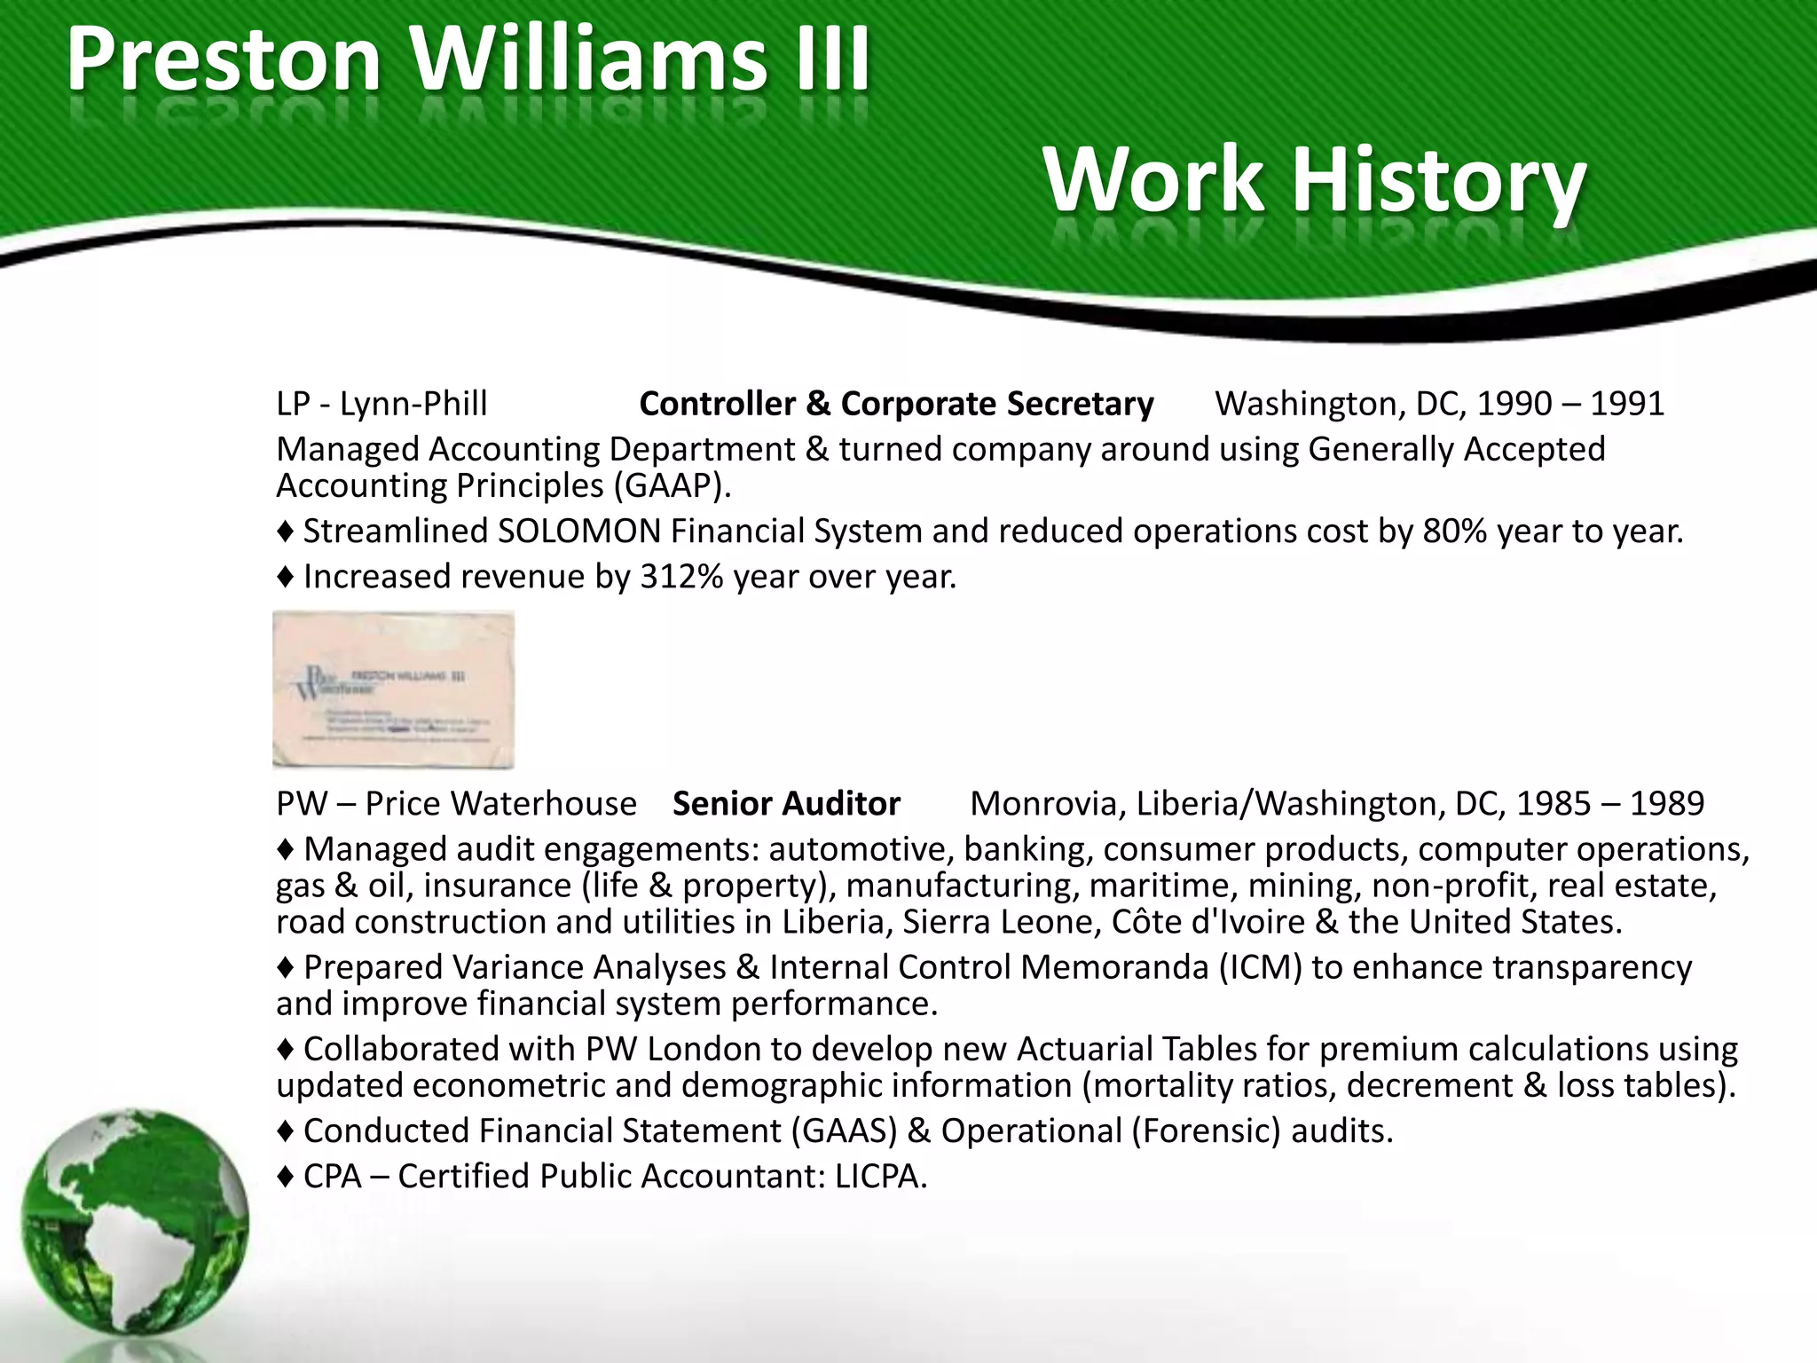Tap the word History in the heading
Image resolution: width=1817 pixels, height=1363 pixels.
[x=1438, y=181]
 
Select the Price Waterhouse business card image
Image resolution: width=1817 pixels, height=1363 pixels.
[x=393, y=689]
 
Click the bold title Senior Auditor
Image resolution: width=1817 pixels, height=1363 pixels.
[x=786, y=804]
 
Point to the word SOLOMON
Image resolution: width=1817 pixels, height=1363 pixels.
[x=578, y=532]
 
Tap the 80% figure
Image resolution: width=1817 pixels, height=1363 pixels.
[x=1454, y=532]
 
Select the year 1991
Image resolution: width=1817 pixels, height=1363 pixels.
[x=1626, y=404]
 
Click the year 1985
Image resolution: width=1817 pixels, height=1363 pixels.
[x=1553, y=804]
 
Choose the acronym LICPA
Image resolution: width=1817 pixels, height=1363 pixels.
[x=880, y=1177]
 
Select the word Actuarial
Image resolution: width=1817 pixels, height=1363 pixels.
[x=1084, y=1049]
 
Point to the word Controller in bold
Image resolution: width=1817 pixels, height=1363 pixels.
[x=717, y=404]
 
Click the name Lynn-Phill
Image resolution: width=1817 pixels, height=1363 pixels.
[x=413, y=404]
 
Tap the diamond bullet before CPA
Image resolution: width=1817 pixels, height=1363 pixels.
[x=285, y=1178]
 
